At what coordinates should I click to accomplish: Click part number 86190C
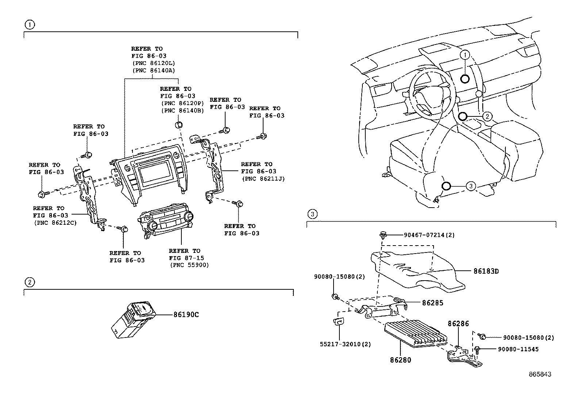(x=186, y=315)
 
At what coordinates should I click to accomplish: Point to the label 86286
(x=458, y=324)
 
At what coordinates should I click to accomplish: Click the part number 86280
(x=400, y=360)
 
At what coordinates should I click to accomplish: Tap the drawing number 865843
(x=540, y=374)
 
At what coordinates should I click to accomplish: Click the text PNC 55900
(x=189, y=265)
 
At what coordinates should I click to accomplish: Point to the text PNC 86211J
(x=263, y=179)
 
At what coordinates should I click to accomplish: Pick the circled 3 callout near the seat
(x=471, y=186)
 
